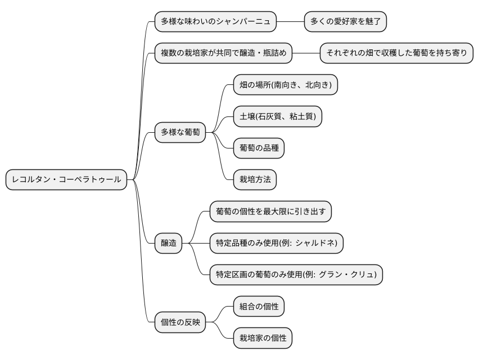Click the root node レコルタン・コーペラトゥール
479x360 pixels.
coord(66,179)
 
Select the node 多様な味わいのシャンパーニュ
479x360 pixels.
coord(216,22)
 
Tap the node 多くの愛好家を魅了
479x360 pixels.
coord(345,22)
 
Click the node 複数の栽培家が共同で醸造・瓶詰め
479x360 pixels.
coord(224,53)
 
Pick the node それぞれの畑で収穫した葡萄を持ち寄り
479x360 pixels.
coord(396,53)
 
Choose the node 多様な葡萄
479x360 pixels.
coord(180,134)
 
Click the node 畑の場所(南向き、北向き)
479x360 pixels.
coord(286,85)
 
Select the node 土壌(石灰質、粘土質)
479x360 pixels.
coord(278,116)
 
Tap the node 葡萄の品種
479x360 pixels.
coord(259,148)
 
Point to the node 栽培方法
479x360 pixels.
coord(255,180)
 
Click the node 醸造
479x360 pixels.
coord(169,243)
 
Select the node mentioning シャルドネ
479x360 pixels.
coord(276,243)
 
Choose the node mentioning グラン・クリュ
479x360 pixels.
coord(296,275)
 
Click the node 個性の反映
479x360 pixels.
coord(180,322)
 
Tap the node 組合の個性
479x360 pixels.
coord(259,307)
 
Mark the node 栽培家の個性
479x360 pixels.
coord(263,338)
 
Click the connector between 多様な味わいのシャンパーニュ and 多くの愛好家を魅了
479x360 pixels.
coord(290,22)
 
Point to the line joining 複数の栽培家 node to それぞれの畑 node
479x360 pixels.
coord(306,53)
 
